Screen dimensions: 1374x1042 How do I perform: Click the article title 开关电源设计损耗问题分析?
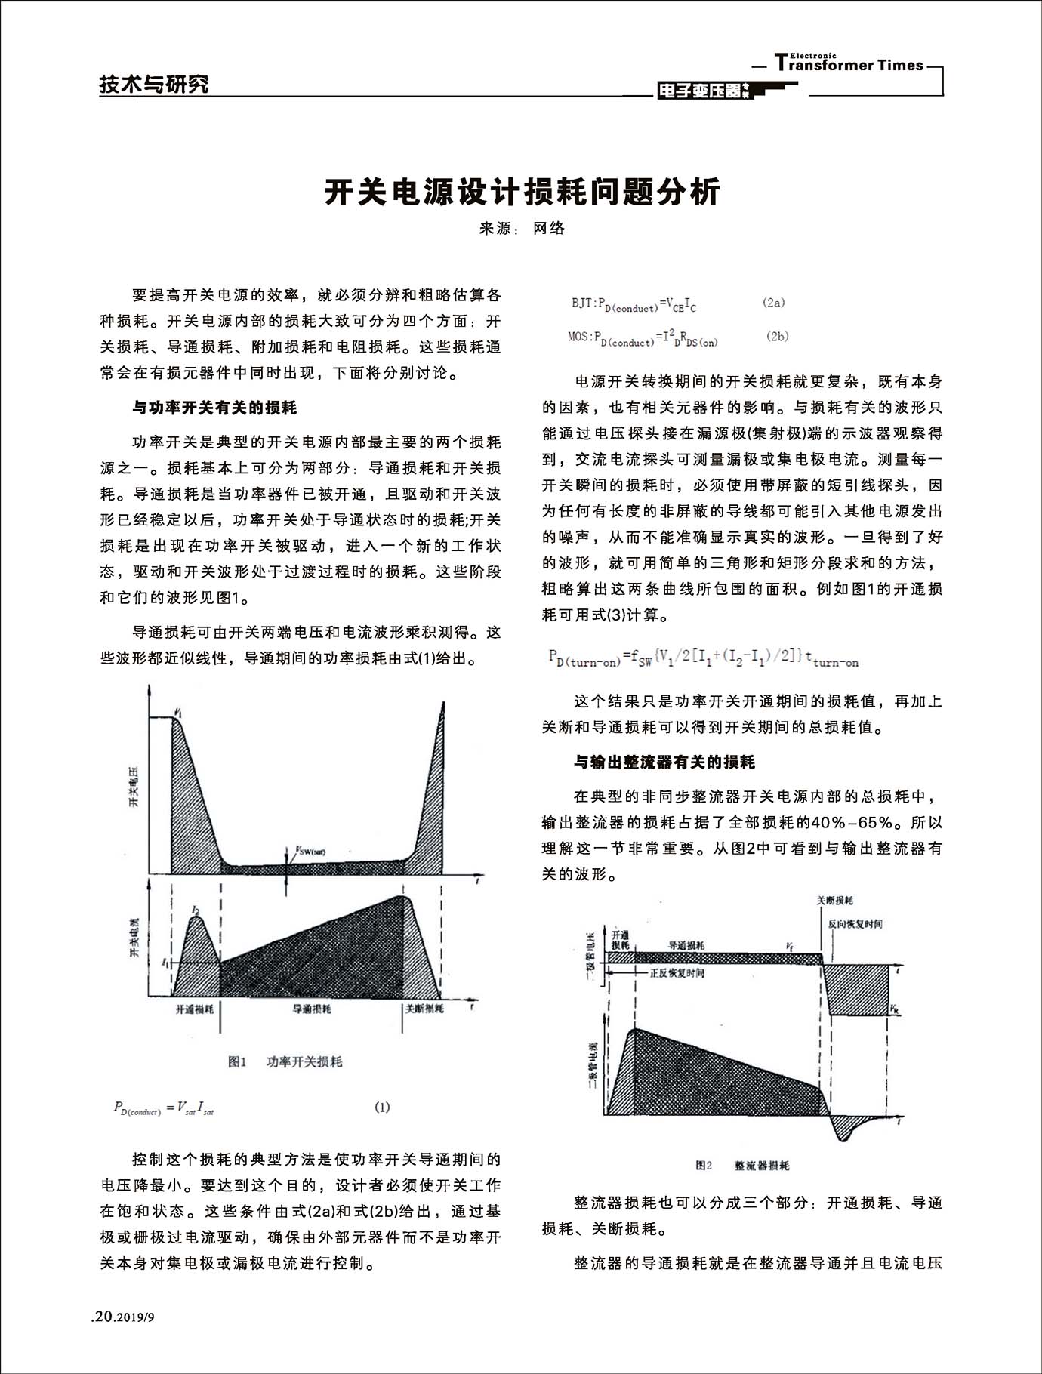pyautogui.click(x=522, y=193)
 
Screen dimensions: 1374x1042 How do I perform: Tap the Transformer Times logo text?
pyautogui.click(x=849, y=64)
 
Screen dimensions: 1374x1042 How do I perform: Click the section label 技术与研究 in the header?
pyautogui.click(x=154, y=85)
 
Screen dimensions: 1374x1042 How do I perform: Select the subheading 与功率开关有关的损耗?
pyautogui.click(x=214, y=408)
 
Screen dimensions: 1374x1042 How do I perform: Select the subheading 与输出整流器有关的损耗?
pyautogui.click(x=664, y=762)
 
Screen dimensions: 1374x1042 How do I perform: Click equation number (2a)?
pyautogui.click(x=773, y=303)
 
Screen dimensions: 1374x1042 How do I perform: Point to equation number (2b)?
pyautogui.click(x=777, y=337)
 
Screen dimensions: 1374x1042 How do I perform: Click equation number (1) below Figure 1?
pyautogui.click(x=382, y=1108)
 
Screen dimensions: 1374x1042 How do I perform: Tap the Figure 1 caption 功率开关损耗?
pyautogui.click(x=304, y=1062)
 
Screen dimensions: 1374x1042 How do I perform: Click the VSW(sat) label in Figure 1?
pyautogui.click(x=310, y=851)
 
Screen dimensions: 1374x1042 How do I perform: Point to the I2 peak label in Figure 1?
pyautogui.click(x=196, y=910)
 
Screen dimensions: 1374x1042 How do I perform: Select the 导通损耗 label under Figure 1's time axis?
pyautogui.click(x=312, y=1009)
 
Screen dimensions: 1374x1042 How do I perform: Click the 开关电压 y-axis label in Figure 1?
pyautogui.click(x=134, y=787)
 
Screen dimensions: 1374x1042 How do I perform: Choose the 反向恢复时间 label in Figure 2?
pyautogui.click(x=855, y=924)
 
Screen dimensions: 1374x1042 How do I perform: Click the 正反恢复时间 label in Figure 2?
pyautogui.click(x=677, y=974)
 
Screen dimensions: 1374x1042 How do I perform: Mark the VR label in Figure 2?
pyautogui.click(x=894, y=1009)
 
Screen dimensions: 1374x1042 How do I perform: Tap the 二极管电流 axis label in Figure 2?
pyautogui.click(x=593, y=1066)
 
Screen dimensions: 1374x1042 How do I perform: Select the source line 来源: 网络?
pyautogui.click(x=522, y=229)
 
